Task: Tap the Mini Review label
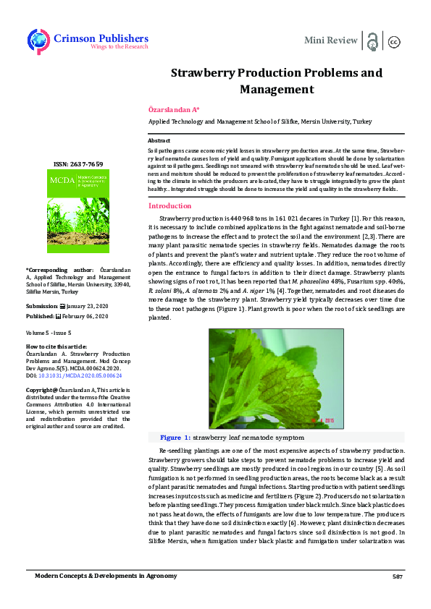coord(330,41)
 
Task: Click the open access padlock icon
coord(372,41)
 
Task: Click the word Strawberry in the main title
coord(206,73)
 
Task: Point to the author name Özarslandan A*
coord(173,109)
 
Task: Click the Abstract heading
coord(159,140)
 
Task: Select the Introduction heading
coord(170,205)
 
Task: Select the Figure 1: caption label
coord(175,438)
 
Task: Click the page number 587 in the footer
coord(397,576)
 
